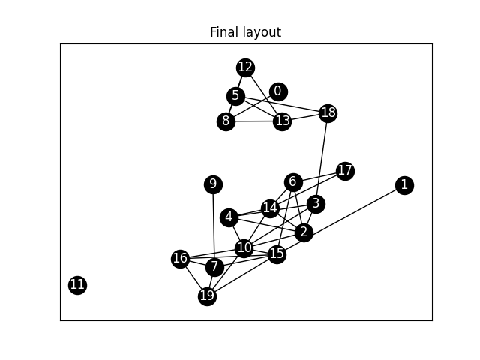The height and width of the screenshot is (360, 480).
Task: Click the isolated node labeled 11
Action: coord(77,284)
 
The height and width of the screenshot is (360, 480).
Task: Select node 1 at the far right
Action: coord(404,185)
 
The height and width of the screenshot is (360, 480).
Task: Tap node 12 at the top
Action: coord(245,67)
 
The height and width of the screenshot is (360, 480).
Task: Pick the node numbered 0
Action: coord(278,91)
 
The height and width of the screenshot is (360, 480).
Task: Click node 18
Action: coord(328,113)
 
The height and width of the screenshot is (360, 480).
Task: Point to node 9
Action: coord(213,184)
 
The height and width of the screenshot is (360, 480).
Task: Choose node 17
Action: coord(345,171)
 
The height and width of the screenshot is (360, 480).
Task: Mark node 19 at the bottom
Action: coord(207,296)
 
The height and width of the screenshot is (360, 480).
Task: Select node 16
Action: coord(180,259)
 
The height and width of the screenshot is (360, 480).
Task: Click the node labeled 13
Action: coord(282,121)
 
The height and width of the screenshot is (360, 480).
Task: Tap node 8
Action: coord(226,121)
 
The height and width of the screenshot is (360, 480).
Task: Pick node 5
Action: coord(235,96)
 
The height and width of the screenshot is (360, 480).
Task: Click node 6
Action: coord(293,182)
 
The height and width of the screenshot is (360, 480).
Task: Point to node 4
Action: coord(229,217)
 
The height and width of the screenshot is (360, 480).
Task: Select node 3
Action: coord(316,204)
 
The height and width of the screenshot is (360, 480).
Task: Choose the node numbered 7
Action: coord(215,266)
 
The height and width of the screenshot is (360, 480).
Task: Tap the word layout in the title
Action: coord(259,32)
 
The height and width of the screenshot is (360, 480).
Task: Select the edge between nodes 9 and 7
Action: coord(214,225)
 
